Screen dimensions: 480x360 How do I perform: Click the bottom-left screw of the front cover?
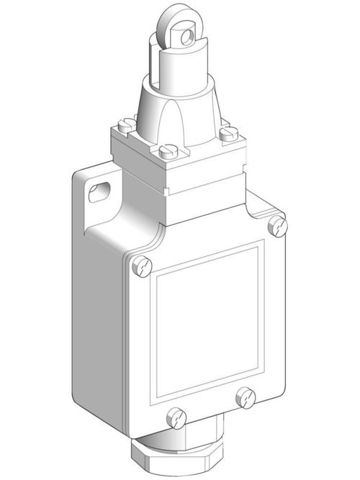[173, 415]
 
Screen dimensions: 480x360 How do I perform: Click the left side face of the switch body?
[101, 309]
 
